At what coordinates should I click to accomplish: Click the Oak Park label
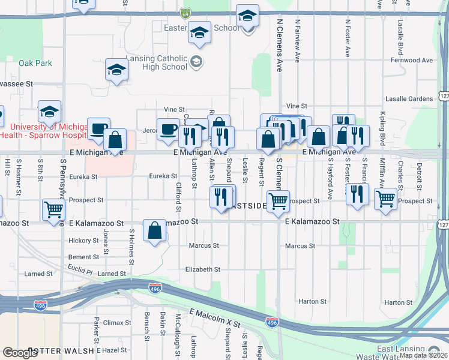[x=35, y=63]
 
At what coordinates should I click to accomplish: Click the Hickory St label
[x=83, y=241]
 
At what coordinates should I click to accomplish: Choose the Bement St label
[x=83, y=257]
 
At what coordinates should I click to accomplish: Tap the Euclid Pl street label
[x=80, y=268]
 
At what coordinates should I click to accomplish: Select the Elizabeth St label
[x=203, y=270]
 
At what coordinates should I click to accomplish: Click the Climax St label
[x=113, y=323]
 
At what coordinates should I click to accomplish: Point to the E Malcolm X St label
[x=215, y=319]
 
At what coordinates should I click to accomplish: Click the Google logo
[x=20, y=353]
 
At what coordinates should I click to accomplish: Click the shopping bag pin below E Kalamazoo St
[x=155, y=231]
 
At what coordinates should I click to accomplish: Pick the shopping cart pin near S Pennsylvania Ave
[x=54, y=210]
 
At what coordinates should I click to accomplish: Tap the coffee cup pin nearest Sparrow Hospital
[x=98, y=128]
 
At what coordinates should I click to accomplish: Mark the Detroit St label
[x=419, y=173]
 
